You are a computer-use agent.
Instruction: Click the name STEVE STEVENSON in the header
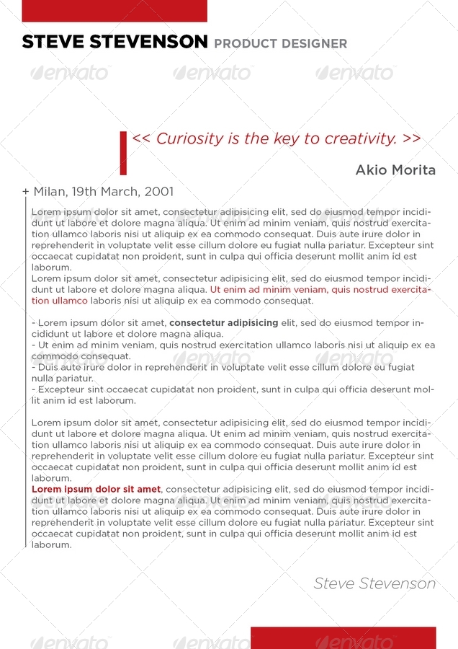pos(114,42)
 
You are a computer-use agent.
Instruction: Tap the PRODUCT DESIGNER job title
pos(280,44)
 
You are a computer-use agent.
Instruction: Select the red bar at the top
pos(114,11)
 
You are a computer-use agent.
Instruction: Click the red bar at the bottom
pos(343,637)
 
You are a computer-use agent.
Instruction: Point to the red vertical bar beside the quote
pos(123,153)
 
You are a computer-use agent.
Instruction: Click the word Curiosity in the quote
pos(189,138)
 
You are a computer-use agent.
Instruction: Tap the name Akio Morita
pos(395,170)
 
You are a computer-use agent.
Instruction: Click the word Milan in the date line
pos(49,192)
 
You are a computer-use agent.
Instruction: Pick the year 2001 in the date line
pos(159,192)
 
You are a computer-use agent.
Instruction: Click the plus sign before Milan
pos(25,192)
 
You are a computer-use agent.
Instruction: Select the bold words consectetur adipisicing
pos(223,323)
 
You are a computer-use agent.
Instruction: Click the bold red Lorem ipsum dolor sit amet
pos(96,490)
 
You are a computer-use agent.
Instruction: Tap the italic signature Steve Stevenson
pos(374,583)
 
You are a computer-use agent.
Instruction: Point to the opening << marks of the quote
pos(141,138)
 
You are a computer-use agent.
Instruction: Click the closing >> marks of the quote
pos(412,138)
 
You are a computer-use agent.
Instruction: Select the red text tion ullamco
pos(60,301)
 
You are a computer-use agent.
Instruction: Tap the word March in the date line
pos(123,192)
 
